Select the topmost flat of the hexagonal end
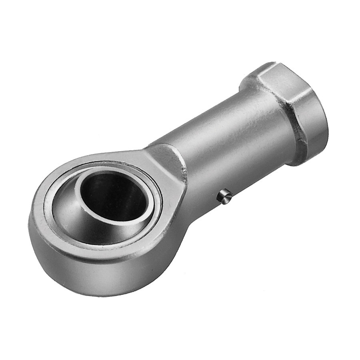(280, 76)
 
